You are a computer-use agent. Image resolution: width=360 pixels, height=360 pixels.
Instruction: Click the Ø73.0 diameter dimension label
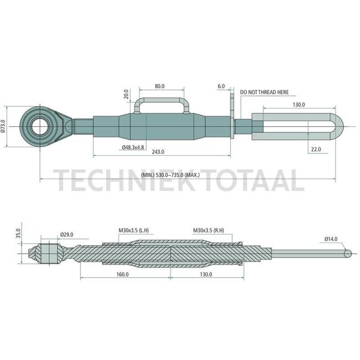coord(4,126)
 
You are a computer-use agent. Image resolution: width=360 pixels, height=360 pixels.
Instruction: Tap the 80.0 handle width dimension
coord(160,86)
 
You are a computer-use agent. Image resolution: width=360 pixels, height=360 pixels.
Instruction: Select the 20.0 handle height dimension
coord(126,94)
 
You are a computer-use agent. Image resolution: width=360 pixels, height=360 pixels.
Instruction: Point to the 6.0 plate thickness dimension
coord(222,86)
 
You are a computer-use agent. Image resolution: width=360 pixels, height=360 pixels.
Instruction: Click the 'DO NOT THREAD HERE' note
coord(264,92)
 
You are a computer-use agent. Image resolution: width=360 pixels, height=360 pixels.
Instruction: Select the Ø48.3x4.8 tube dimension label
coord(133,147)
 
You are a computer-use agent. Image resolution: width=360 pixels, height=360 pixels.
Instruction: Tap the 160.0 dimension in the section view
coord(122,274)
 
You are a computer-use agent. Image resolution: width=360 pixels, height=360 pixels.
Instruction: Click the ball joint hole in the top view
coord(42,126)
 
